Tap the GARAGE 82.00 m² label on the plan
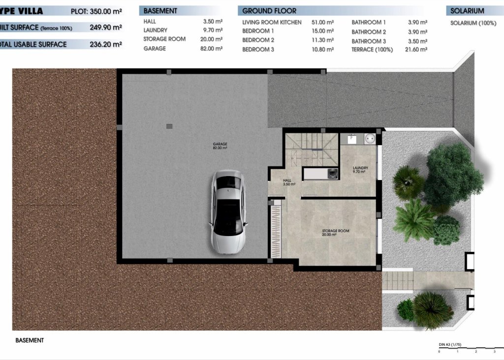(220, 146)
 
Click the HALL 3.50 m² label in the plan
(288, 182)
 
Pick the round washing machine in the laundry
(370, 140)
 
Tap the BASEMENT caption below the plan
(30, 340)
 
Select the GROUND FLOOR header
(270, 11)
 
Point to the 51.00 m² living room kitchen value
(323, 23)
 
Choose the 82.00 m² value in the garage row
(213, 49)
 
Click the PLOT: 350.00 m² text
(96, 11)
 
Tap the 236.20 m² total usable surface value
(106, 44)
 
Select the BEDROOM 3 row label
(258, 49)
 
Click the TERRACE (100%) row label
(372, 50)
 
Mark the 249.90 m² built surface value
(106, 28)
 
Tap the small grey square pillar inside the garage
(169, 126)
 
